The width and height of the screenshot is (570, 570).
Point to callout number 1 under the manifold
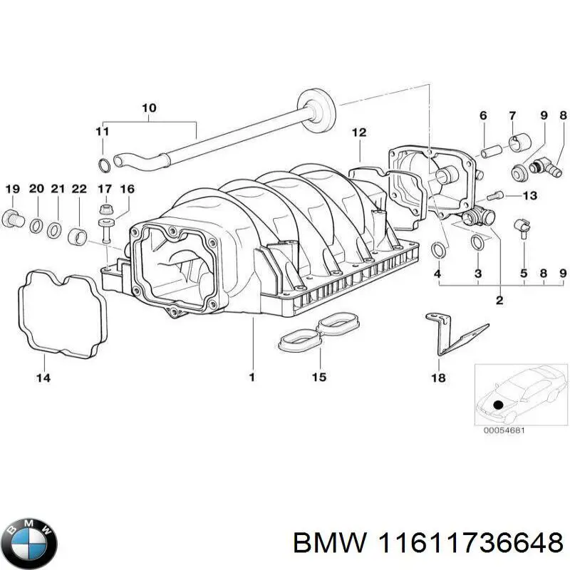click(252, 378)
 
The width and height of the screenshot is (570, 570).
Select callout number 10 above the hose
click(149, 108)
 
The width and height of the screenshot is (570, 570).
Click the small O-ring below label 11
click(104, 166)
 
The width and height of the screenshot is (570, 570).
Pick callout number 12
click(359, 132)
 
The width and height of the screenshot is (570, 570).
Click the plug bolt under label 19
click(13, 217)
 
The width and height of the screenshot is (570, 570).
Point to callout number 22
click(79, 189)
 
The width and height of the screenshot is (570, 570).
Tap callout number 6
click(482, 116)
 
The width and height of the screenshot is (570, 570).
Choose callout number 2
click(499, 300)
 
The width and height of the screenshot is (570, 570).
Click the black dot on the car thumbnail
click(498, 405)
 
